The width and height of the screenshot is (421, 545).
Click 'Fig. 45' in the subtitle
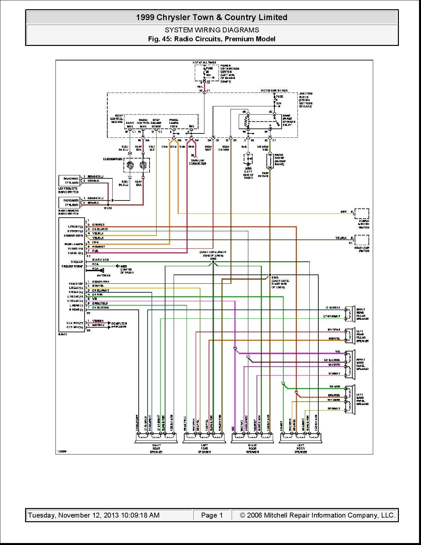[159, 39]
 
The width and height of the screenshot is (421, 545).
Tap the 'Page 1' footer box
[212, 515]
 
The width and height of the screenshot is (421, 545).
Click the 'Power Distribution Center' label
[230, 73]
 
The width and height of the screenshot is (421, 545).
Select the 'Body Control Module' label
[117, 119]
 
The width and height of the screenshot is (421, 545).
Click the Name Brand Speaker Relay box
[260, 122]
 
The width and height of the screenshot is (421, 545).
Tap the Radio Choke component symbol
[270, 161]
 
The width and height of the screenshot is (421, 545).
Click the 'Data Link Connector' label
[197, 162]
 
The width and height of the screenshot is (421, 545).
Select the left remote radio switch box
[69, 181]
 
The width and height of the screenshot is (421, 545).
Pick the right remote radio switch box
[69, 202]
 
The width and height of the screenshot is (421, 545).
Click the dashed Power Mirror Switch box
[362, 213]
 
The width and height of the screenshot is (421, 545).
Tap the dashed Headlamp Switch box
[362, 240]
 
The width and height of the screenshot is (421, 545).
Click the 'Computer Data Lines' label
[119, 325]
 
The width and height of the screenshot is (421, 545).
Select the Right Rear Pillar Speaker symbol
[349, 314]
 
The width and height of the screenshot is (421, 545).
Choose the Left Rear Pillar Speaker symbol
[349, 336]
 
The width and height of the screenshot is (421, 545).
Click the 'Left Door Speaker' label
[300, 449]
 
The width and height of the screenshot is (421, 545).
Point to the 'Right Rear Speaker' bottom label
[156, 449]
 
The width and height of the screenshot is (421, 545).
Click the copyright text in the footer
[317, 515]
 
